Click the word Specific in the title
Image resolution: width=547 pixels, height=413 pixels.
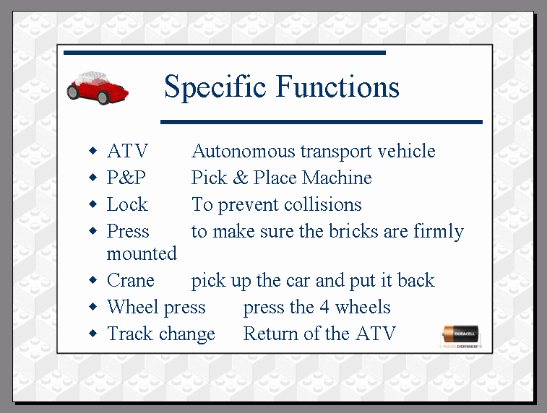[215, 87]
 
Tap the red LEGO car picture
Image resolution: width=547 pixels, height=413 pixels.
[98, 87]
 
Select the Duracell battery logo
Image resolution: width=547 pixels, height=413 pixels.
[461, 336]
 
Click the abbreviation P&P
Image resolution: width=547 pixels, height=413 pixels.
[126, 178]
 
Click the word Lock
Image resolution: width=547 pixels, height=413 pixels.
[127, 204]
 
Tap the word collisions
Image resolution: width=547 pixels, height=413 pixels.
[323, 204]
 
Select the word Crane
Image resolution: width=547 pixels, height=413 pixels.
[131, 280]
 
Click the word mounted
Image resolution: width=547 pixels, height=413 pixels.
[142, 253]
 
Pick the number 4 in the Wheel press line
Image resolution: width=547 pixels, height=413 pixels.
[324, 307]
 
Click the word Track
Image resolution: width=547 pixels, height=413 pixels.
[130, 334]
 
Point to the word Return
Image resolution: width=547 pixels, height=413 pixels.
[271, 334]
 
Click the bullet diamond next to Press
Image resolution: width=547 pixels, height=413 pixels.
[92, 231]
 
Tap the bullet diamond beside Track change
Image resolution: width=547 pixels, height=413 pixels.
[92, 333]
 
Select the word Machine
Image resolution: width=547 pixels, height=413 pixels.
[337, 178]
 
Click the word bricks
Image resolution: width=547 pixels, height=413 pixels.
[353, 231]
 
